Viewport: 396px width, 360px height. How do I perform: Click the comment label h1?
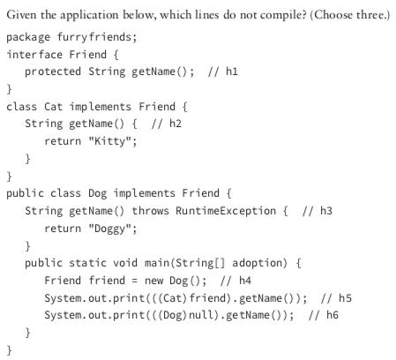232,71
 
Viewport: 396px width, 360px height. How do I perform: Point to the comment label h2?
176,124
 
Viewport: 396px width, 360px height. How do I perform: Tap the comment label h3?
326,211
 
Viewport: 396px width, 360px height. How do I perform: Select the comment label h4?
245,281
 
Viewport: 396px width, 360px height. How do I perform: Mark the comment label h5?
345,298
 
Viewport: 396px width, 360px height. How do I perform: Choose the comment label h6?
332,315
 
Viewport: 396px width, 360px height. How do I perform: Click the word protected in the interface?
53,72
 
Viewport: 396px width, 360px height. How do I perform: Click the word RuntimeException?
226,211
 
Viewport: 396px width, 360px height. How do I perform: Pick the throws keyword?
150,211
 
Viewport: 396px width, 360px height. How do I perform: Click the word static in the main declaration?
87,263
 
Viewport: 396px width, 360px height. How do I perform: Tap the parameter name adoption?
258,263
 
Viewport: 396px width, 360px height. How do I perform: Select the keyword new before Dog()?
153,281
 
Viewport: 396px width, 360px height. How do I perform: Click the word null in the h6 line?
201,315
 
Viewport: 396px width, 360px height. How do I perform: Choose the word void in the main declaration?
125,263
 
